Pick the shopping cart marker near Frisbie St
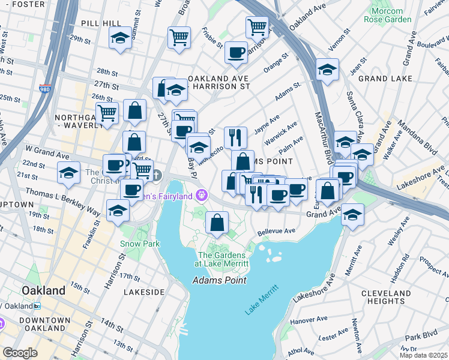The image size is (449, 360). click(x=179, y=37)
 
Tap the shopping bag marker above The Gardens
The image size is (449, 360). click(x=217, y=223)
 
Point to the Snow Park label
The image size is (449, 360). click(x=139, y=244)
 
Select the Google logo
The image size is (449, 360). click(x=20, y=353)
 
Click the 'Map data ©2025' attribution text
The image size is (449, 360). click(x=423, y=355)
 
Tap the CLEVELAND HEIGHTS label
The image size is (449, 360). click(x=384, y=296)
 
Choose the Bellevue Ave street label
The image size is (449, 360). click(x=276, y=231)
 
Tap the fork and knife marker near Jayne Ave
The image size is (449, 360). click(x=236, y=137)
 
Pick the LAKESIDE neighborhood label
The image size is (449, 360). click(x=143, y=292)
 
